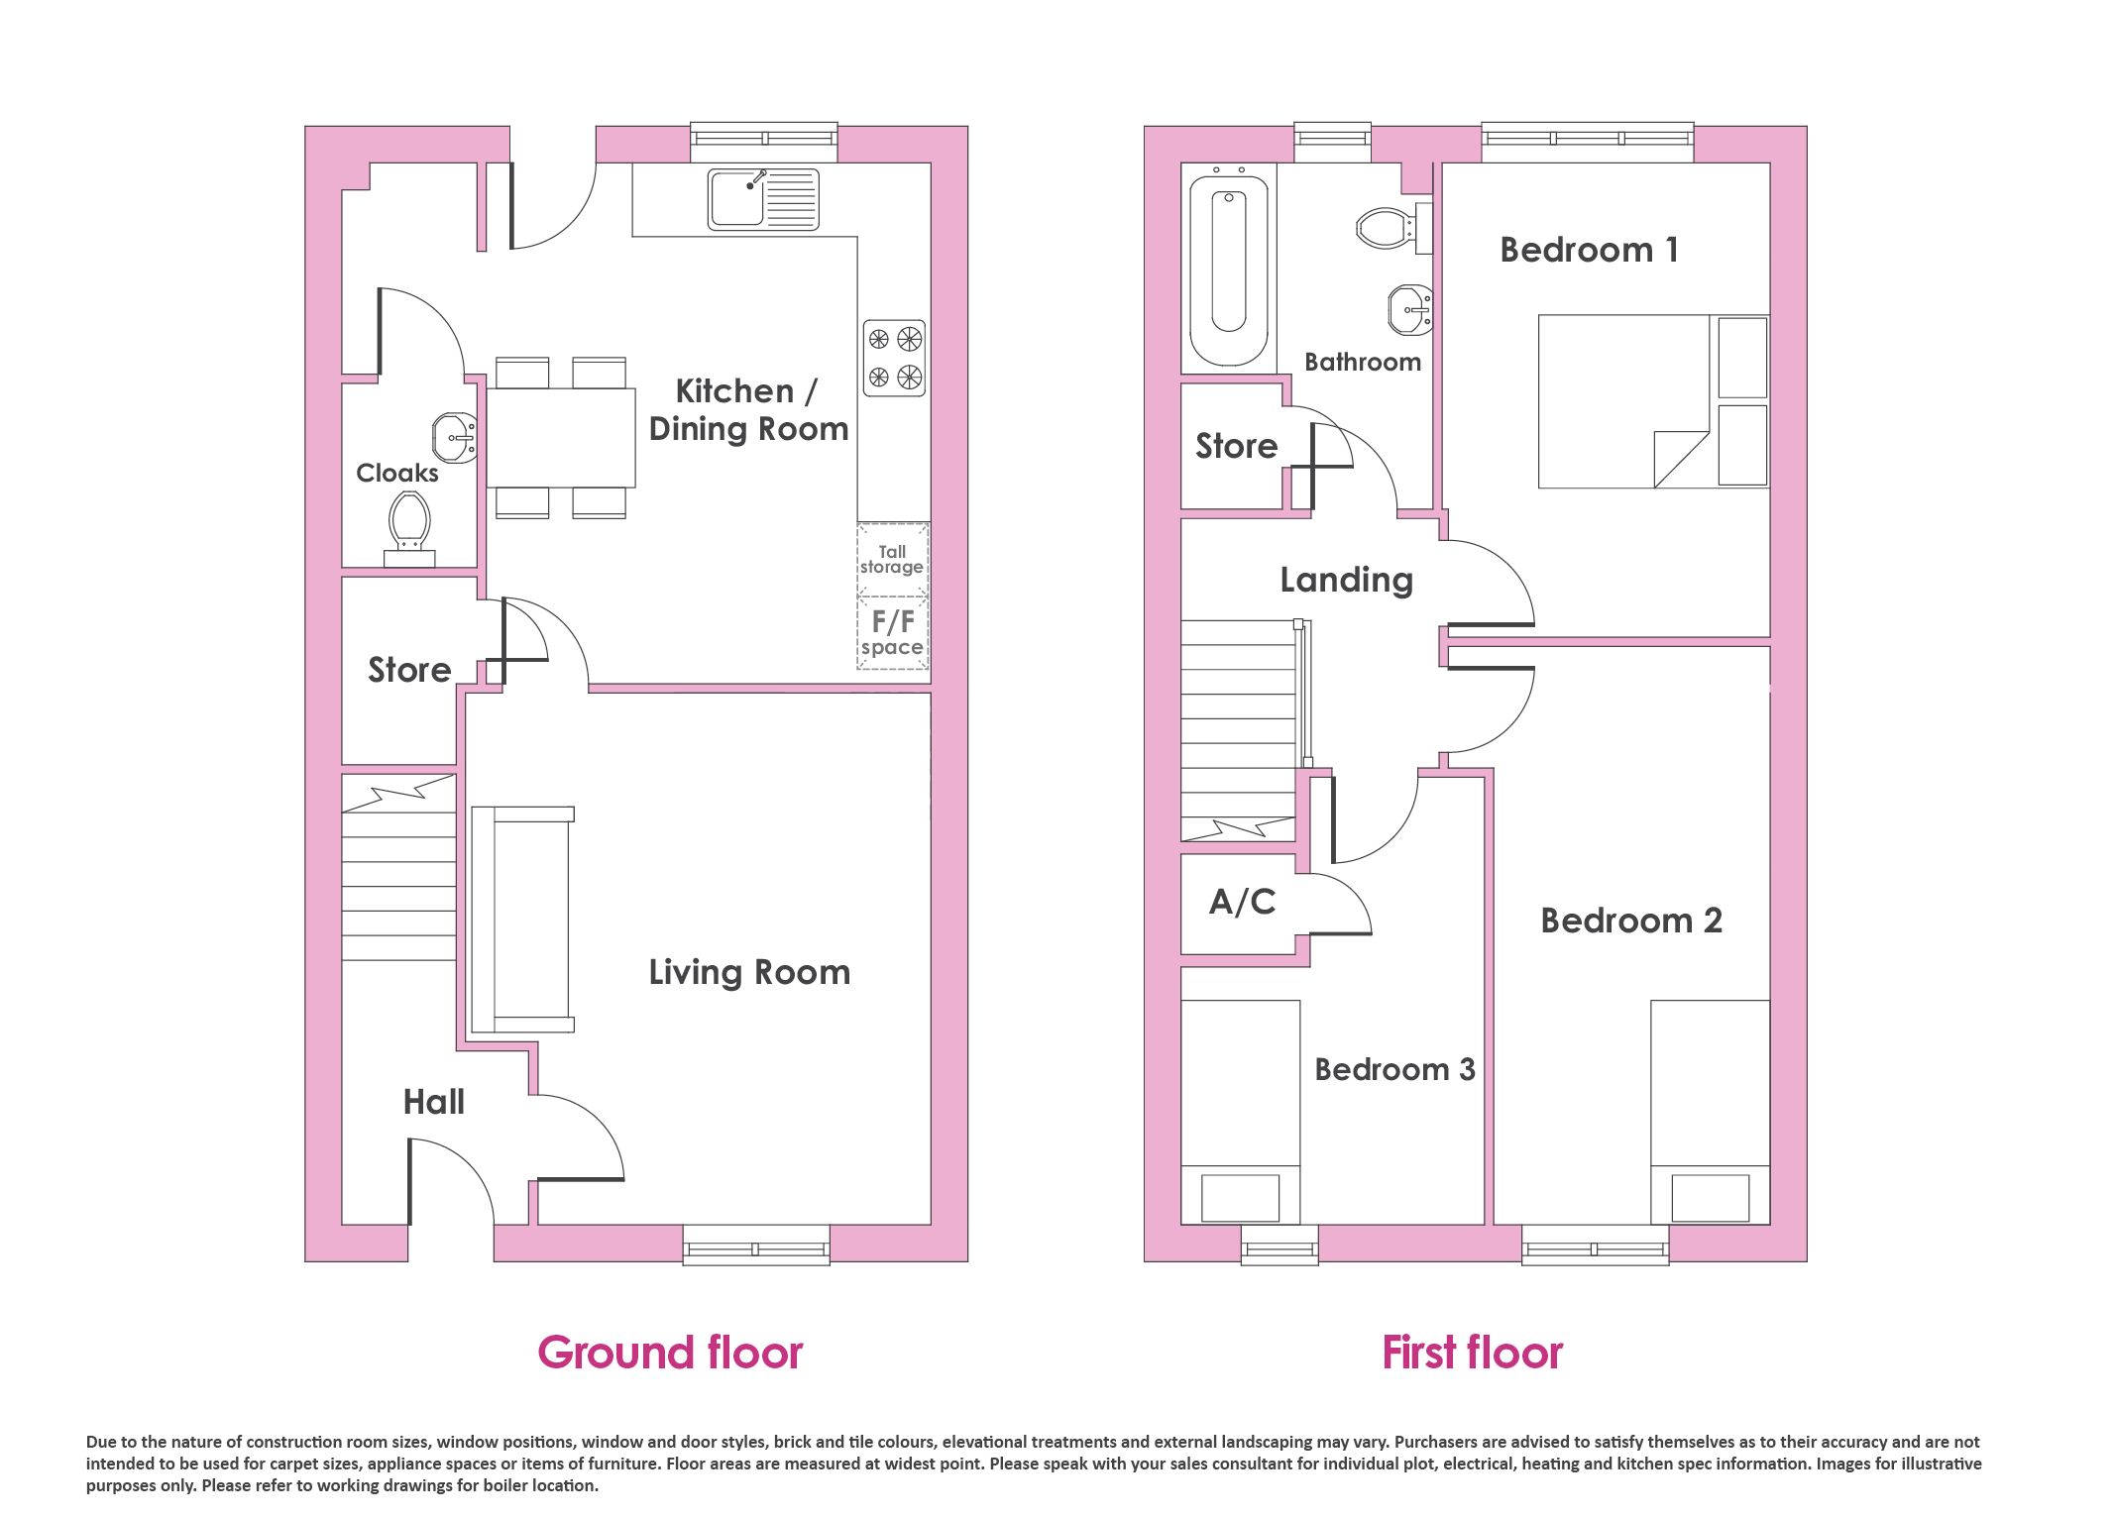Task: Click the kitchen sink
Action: click(763, 199)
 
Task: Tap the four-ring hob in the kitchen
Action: click(894, 358)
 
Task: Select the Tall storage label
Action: click(892, 559)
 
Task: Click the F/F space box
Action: click(893, 633)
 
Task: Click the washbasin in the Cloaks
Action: click(455, 438)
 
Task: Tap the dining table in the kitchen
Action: click(561, 438)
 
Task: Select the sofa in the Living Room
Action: click(522, 920)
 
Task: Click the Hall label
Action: click(434, 1102)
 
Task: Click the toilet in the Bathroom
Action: click(1393, 228)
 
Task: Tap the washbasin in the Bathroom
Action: click(1410, 310)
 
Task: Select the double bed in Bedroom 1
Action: click(1653, 401)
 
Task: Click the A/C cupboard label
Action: click(1243, 902)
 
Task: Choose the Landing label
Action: click(1346, 581)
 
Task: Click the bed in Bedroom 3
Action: click(1241, 1112)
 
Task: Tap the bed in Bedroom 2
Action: click(1711, 1112)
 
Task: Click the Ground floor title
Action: click(670, 1353)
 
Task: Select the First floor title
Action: click(1473, 1353)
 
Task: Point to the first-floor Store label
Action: click(1237, 446)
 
